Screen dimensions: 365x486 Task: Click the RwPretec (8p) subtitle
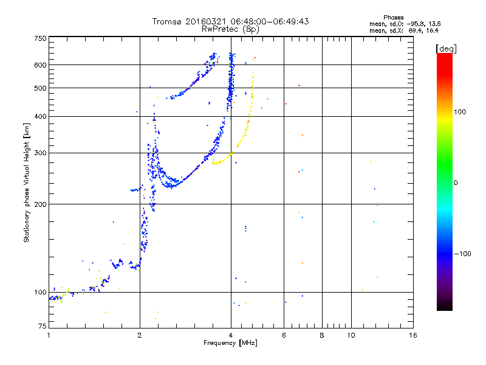tap(230, 29)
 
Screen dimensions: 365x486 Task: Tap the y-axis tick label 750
tap(40, 38)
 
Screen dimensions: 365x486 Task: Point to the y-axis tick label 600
tap(40, 65)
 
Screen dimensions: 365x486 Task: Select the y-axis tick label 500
tap(40, 88)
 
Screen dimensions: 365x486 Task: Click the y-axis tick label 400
tap(40, 116)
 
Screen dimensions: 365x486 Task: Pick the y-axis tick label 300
tap(40, 153)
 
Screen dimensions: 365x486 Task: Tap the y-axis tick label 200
tap(40, 204)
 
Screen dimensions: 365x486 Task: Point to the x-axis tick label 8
tap(322, 335)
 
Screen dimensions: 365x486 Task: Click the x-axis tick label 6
tap(284, 335)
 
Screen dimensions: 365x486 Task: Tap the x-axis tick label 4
tap(231, 335)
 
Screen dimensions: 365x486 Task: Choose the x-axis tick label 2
tap(140, 335)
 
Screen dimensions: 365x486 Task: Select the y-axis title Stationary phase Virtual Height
tap(27, 182)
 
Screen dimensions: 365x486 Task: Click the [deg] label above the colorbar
tap(447, 48)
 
